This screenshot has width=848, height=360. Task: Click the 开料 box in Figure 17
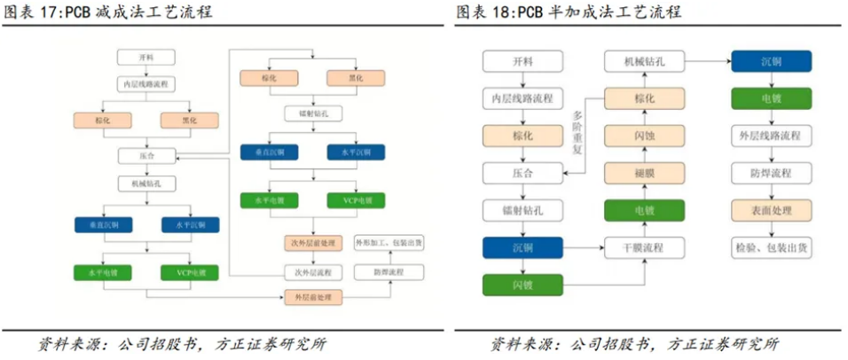146,58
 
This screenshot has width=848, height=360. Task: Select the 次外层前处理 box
311,242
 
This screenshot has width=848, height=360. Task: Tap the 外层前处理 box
311,297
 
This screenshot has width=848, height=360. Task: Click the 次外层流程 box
311,270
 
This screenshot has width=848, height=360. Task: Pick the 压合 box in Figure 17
146,155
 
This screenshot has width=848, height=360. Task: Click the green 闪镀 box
522,285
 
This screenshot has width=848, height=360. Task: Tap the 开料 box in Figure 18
522,61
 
